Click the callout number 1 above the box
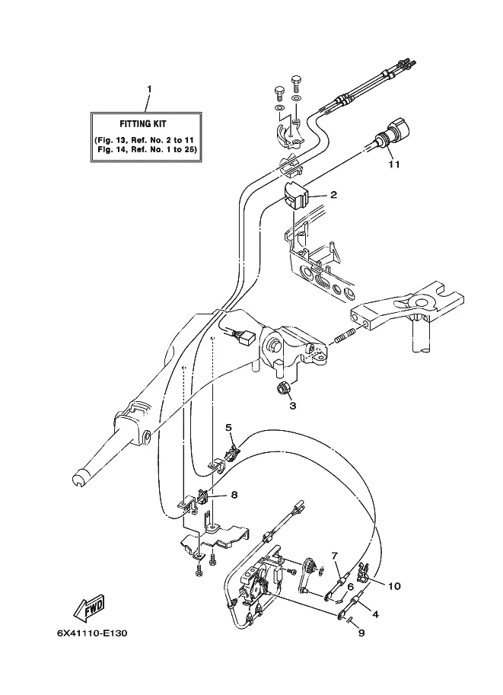pyautogui.click(x=149, y=89)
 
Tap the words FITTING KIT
pyautogui.click(x=143, y=124)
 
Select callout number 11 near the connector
pyautogui.click(x=394, y=164)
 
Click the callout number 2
pyautogui.click(x=333, y=195)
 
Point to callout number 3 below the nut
pyautogui.click(x=292, y=406)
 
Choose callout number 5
pyautogui.click(x=229, y=427)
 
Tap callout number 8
pyautogui.click(x=234, y=494)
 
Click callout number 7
pyautogui.click(x=335, y=556)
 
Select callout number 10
pyautogui.click(x=394, y=586)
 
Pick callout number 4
pyautogui.click(x=375, y=614)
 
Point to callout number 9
pyautogui.click(x=361, y=633)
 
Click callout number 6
pyautogui.click(x=350, y=586)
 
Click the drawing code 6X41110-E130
pyautogui.click(x=92, y=633)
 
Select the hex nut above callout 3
pyautogui.click(x=283, y=388)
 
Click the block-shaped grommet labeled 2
pyautogui.click(x=294, y=195)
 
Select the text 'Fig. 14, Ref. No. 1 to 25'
pyautogui.click(x=147, y=149)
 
